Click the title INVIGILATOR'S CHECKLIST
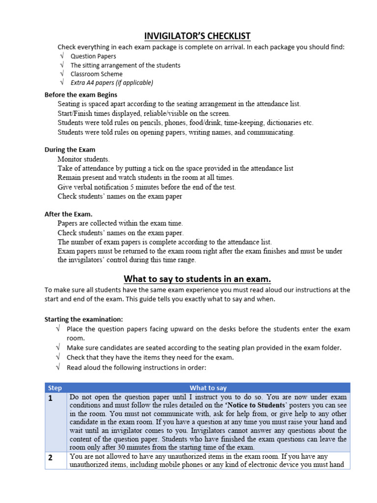(x=197, y=36)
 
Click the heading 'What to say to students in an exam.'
(x=197, y=279)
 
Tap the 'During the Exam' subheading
(x=70, y=149)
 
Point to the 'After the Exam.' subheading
(x=68, y=214)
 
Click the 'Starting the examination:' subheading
(x=84, y=319)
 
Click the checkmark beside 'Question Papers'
(x=62, y=56)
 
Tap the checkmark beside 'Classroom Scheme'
(x=62, y=74)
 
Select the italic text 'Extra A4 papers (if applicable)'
(x=112, y=83)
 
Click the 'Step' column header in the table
(x=55, y=388)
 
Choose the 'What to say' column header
(x=208, y=388)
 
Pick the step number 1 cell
(x=51, y=398)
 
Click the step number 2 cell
(x=51, y=457)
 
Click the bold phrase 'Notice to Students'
(x=255, y=405)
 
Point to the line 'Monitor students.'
(x=84, y=159)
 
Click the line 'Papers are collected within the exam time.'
(x=120, y=224)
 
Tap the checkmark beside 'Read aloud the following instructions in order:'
(x=58, y=366)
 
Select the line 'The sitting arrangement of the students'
(x=125, y=65)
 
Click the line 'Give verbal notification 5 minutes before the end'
(x=147, y=187)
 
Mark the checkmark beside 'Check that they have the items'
(x=58, y=357)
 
